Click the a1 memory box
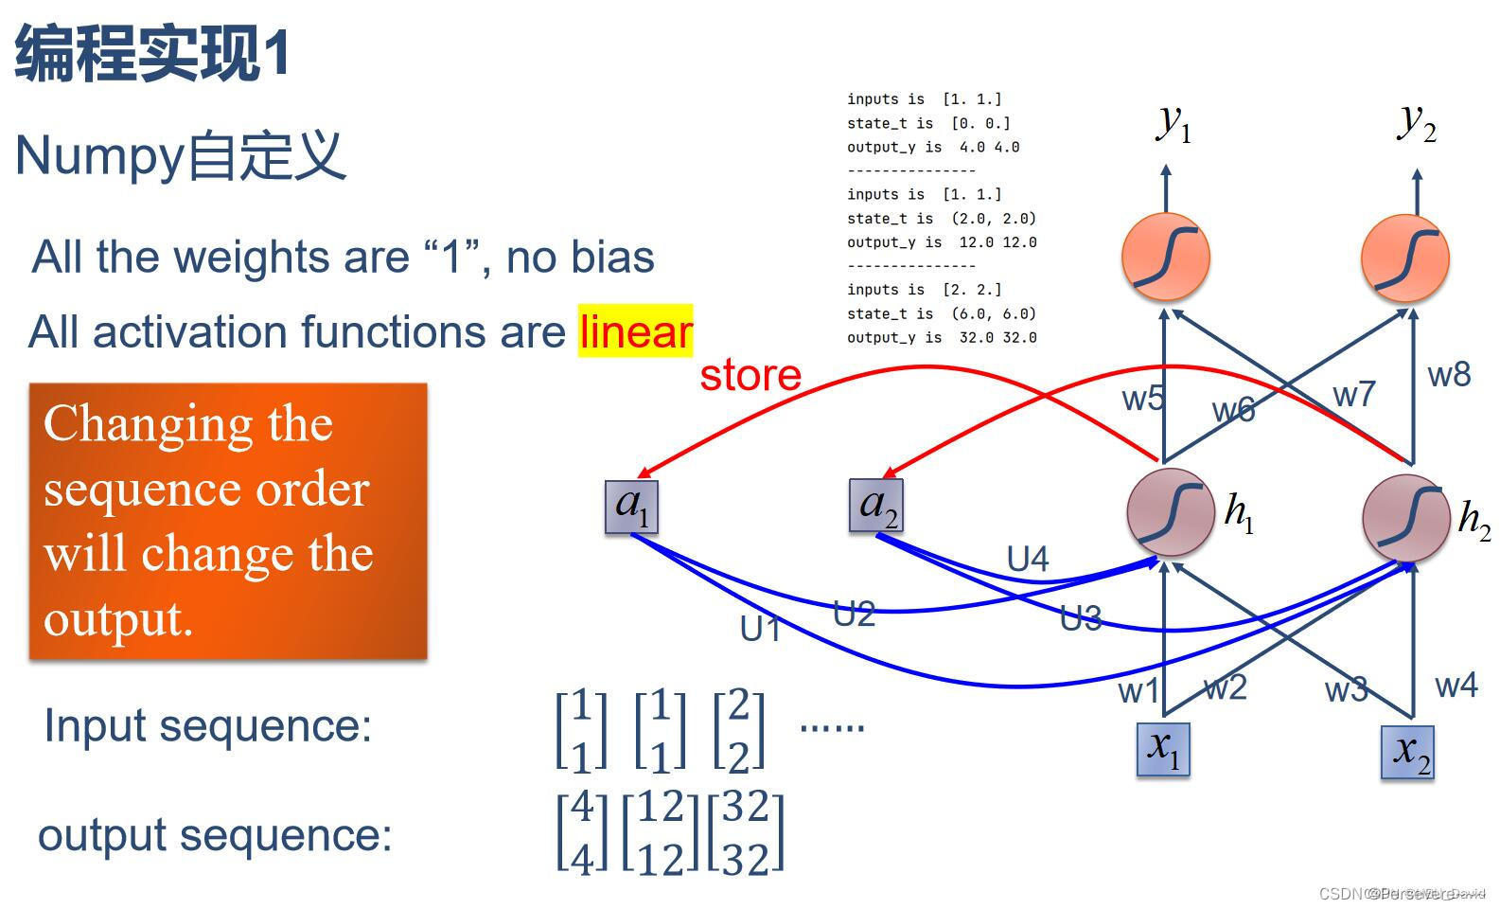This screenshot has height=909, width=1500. pos(631,507)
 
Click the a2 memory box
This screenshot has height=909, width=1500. pos(876,506)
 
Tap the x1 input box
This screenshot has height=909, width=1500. pos(1163,749)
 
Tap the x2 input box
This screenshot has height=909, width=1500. pos(1407,753)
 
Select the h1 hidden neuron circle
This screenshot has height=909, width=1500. pos(1171,512)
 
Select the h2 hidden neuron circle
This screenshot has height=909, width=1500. pos(1406,518)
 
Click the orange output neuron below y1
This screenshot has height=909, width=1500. pos(1166,258)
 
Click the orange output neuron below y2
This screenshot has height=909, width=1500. pos(1405,258)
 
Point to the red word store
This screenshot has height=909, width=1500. pos(750,375)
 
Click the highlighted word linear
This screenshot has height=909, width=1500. pos(636,331)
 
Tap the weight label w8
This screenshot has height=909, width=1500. pos(1449,375)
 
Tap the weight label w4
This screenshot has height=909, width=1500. pos(1456,685)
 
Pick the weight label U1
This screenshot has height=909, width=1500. pos(760,629)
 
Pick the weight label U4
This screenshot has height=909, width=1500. pos(1028,560)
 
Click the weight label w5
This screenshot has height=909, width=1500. pos(1142,399)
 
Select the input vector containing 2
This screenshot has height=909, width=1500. pos(739,729)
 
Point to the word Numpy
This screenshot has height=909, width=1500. pos(98,154)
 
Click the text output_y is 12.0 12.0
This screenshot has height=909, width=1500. pos(942,242)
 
